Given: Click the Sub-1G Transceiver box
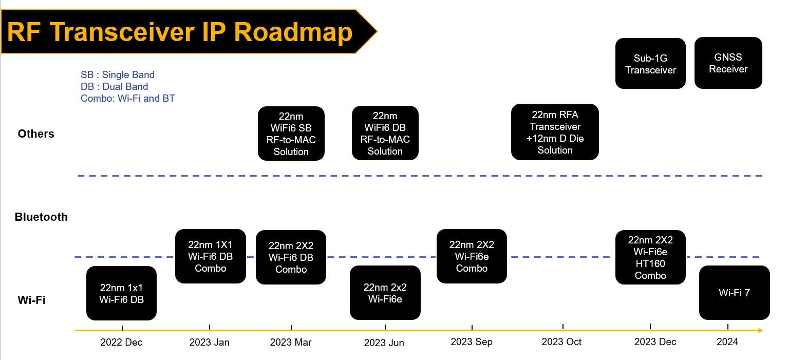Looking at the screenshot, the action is [x=650, y=64].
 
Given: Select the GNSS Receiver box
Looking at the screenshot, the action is [x=728, y=63].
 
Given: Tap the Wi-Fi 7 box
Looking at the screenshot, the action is [x=734, y=293].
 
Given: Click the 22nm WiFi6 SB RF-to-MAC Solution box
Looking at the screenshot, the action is [x=291, y=134].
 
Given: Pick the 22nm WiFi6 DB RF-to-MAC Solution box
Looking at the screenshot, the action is [x=385, y=133].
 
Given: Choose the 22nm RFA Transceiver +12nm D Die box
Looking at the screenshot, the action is [x=555, y=132].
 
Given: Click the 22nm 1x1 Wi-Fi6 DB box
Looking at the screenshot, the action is [x=121, y=293].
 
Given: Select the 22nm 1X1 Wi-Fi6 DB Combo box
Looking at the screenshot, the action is [x=211, y=256].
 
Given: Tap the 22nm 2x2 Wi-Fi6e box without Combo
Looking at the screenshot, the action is [x=385, y=293].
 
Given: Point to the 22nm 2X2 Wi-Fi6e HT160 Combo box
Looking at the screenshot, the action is [x=650, y=257].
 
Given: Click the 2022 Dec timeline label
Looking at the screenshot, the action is [x=121, y=342].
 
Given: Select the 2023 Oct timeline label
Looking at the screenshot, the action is [x=561, y=342].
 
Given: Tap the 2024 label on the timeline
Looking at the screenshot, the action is [x=727, y=342].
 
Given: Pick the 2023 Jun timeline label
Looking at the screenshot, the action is [x=384, y=343].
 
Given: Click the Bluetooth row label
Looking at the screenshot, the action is [x=41, y=217].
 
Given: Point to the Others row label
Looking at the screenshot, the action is [x=36, y=134].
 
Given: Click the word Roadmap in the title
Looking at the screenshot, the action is [x=293, y=32].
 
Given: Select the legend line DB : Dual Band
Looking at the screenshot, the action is [x=115, y=86].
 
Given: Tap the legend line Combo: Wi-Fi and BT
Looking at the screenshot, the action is [x=128, y=99].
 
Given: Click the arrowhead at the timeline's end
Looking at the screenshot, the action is [x=761, y=330].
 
